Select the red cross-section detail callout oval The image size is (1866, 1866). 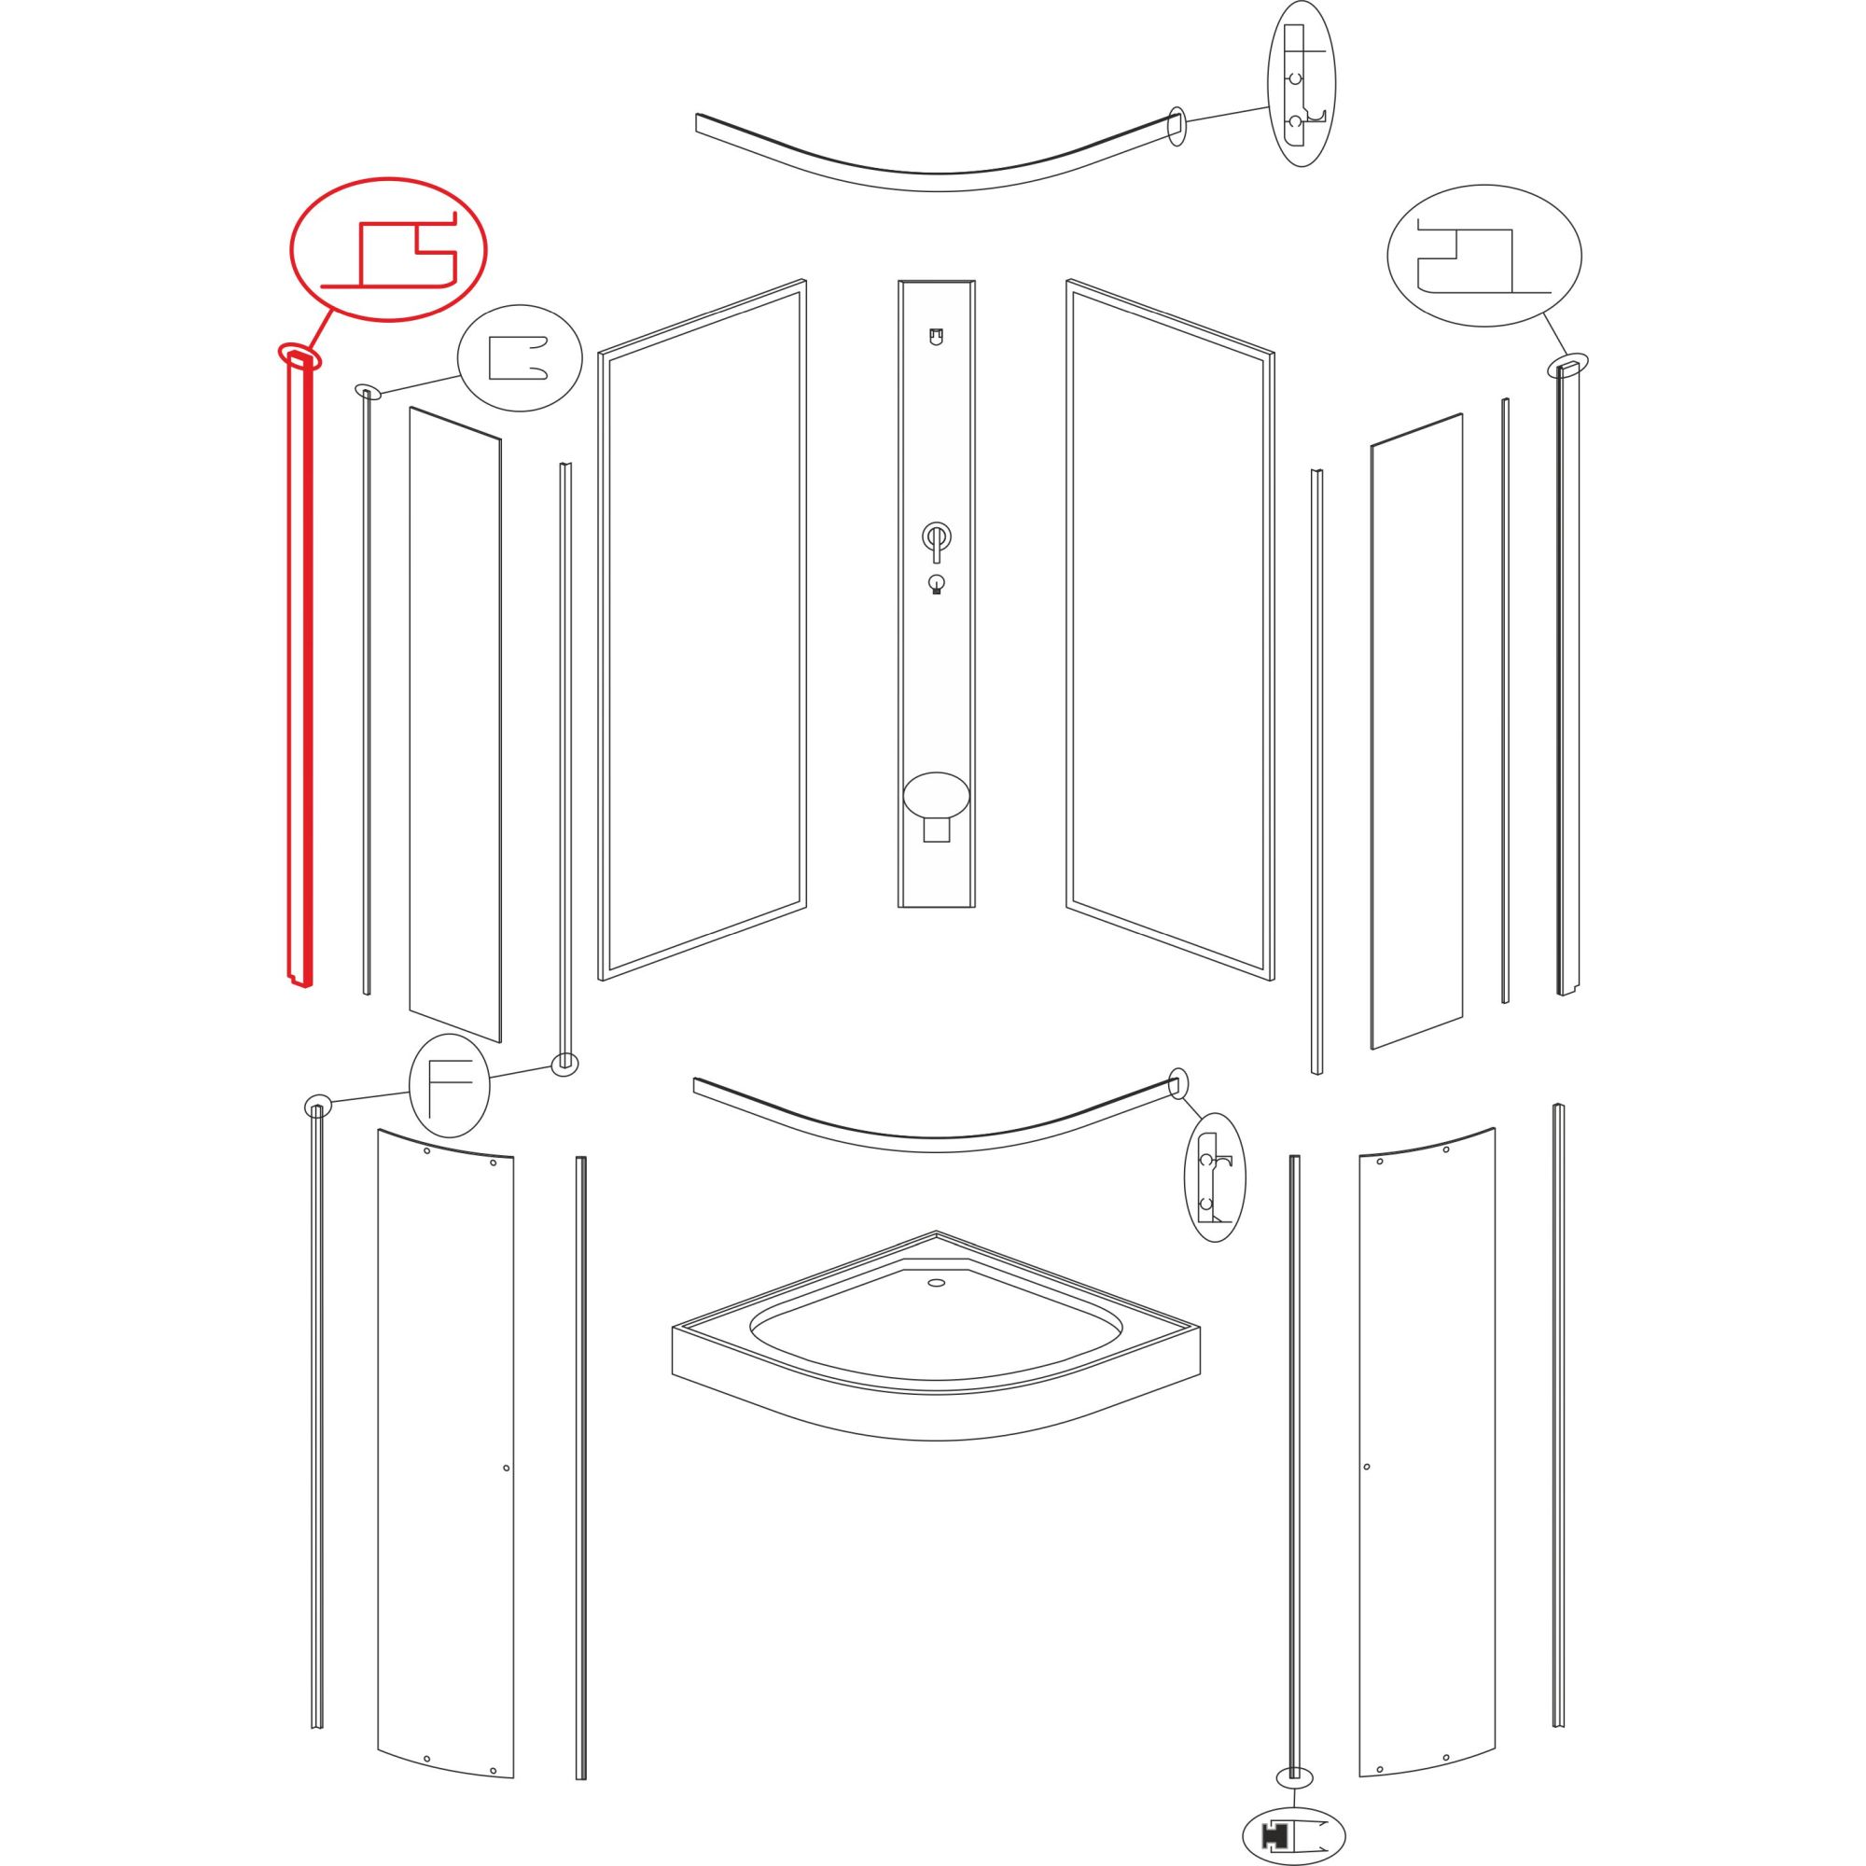(388, 249)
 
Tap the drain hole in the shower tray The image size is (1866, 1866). (935, 1284)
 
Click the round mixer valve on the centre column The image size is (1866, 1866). (935, 536)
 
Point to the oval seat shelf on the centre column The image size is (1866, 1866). (935, 796)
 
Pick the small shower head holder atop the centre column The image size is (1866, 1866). (934, 337)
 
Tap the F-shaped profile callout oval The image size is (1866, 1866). (449, 1087)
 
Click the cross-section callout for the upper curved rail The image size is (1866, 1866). (1301, 84)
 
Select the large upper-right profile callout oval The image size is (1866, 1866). (1483, 256)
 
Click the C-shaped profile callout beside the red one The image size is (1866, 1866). (520, 358)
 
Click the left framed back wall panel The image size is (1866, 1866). (703, 631)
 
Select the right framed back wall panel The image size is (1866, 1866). (1169, 631)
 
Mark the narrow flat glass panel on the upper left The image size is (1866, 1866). (455, 724)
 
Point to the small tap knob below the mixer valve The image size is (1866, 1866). (935, 583)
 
